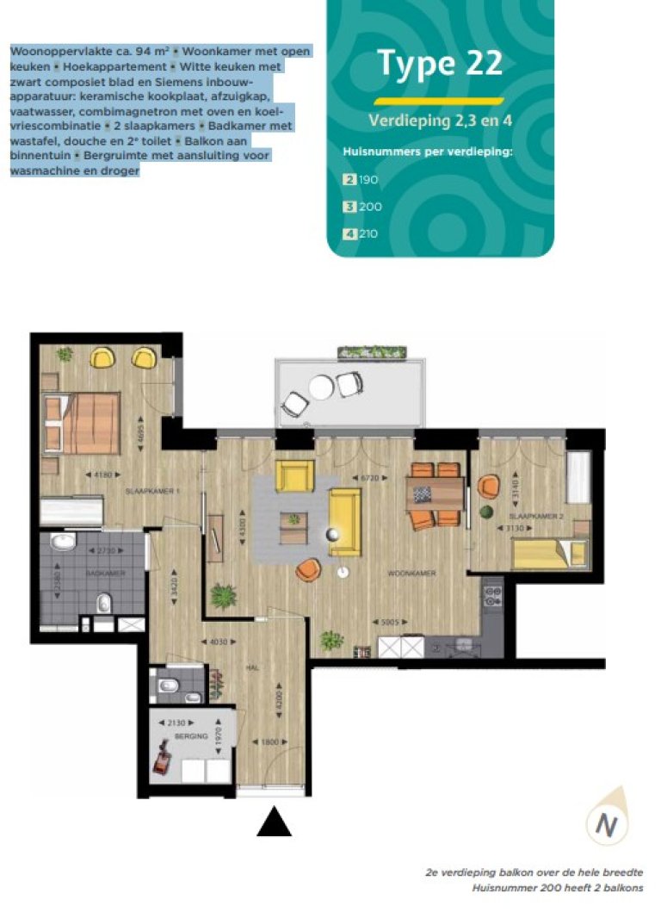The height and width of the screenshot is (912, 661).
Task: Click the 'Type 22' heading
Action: click(x=440, y=63)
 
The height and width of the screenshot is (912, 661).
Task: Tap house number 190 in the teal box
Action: click(x=368, y=180)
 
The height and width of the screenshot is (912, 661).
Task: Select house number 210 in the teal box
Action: click(x=368, y=233)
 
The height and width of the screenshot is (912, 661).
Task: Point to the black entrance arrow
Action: click(x=274, y=822)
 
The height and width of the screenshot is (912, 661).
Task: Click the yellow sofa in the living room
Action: click(x=345, y=520)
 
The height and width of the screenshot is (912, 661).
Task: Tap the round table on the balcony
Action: click(x=321, y=389)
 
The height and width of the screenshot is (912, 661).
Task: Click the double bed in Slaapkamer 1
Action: click(x=85, y=420)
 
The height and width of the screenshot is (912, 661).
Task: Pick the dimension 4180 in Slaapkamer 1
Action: click(x=103, y=474)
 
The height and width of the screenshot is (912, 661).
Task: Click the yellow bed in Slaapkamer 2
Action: click(x=548, y=554)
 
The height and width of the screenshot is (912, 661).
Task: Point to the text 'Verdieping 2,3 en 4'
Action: click(x=440, y=120)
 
